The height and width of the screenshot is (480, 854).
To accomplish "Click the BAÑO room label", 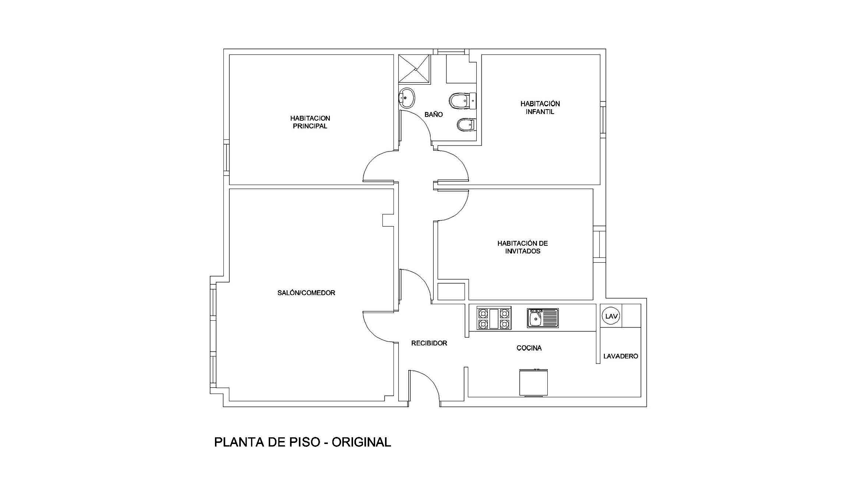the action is (x=434, y=114).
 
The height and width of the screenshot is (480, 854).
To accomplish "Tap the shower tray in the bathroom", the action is (x=414, y=69).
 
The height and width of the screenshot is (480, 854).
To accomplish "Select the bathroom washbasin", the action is (x=406, y=98).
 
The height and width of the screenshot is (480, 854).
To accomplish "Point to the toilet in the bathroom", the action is (x=462, y=101).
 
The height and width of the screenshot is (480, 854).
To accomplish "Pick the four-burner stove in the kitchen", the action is (x=494, y=318).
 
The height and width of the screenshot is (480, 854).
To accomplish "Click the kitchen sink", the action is (x=543, y=318).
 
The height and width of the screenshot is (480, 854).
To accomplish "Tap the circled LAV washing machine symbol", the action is (x=611, y=316).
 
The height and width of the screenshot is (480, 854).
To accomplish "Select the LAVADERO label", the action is (x=621, y=356).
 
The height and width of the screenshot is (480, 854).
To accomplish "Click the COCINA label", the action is (x=529, y=348).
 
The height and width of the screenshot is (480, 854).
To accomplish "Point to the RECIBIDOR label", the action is (x=429, y=343).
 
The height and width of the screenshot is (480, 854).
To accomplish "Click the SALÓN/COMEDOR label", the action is (x=306, y=293).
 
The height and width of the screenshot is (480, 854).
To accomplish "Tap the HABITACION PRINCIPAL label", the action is (x=310, y=122).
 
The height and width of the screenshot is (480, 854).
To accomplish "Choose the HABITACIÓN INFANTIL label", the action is (x=540, y=107).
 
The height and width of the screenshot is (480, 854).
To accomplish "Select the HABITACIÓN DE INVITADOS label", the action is (x=523, y=247).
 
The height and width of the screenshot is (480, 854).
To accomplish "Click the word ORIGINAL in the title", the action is (x=361, y=442).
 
